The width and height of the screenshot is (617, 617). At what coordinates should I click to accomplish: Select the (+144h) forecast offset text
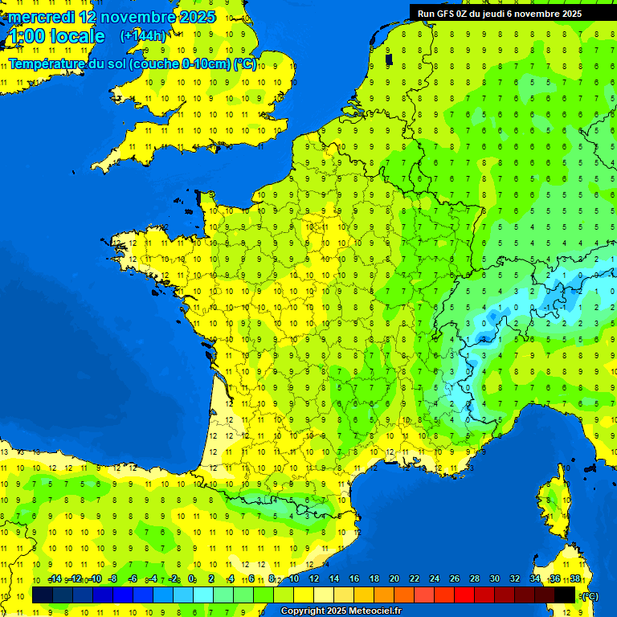(x=143, y=36)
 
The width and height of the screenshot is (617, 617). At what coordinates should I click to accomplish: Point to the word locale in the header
(x=77, y=36)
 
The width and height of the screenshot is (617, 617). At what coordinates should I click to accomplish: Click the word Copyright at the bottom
(x=303, y=611)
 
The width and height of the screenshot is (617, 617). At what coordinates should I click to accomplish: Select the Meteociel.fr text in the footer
(x=374, y=611)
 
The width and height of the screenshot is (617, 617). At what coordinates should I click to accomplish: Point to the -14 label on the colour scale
(x=55, y=579)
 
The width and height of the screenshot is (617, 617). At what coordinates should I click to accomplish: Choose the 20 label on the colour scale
(x=394, y=579)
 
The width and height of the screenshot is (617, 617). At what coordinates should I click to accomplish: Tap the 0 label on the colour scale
(x=192, y=579)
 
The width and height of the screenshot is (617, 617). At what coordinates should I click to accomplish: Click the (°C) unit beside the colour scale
(x=589, y=595)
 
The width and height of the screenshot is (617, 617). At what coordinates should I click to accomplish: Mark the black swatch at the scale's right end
(x=565, y=595)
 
